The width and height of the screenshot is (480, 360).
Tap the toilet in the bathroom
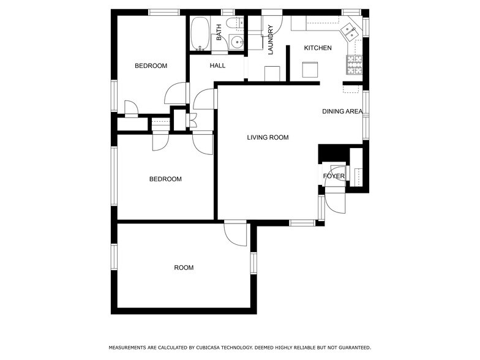point(233,24)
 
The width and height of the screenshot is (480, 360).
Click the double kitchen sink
point(350,30)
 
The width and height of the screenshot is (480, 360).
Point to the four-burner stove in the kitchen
point(354,62)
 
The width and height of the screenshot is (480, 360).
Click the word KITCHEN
point(318,48)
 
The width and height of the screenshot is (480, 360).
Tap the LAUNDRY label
point(270,39)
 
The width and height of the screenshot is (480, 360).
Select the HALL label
point(217,66)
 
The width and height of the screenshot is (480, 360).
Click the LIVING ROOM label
point(268,138)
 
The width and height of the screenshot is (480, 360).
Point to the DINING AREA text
point(342,111)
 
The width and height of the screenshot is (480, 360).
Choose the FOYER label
point(334,176)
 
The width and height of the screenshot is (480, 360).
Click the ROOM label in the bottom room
point(184,268)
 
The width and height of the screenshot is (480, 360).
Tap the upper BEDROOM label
point(151,66)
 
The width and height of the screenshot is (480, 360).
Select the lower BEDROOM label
point(165,179)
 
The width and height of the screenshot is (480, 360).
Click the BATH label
point(219,32)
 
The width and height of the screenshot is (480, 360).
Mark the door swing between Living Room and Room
point(236,233)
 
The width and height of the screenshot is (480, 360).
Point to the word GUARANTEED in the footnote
point(351,347)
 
